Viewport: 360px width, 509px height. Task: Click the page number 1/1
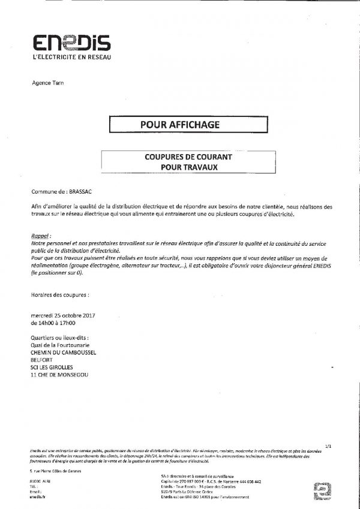tap(326, 446)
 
